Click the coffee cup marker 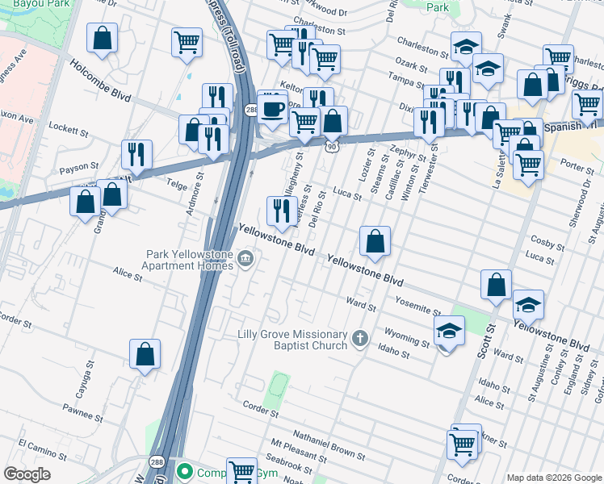coord(273,107)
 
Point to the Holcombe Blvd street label coord(99,81)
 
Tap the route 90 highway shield coord(332,147)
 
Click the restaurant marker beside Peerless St coord(280,211)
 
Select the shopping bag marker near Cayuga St coord(145,354)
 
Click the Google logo coord(27,474)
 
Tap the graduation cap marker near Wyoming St coord(449,331)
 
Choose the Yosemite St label coord(417,305)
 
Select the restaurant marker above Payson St coord(136,155)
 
